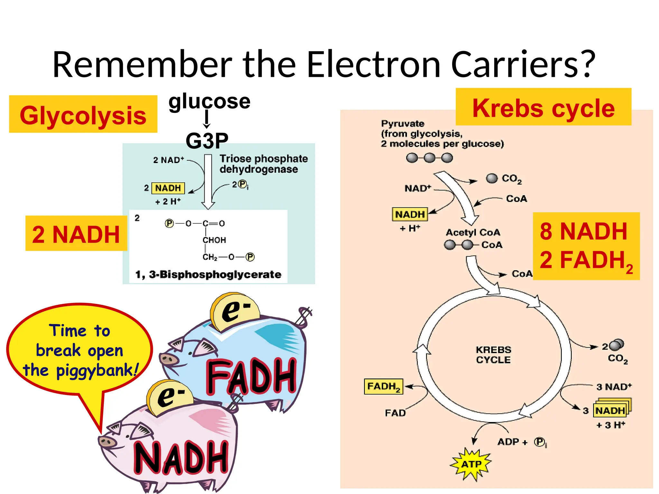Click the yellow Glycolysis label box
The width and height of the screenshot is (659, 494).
pos(83,114)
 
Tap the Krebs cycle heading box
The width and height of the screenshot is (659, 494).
pos(543,107)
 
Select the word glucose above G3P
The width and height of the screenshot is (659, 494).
pos(209,101)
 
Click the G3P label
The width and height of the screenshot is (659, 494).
pos(207,141)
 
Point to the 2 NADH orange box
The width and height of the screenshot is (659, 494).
pos(76,234)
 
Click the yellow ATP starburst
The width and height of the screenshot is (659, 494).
pos(471,464)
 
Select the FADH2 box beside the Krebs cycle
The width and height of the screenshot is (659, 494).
pos(383,386)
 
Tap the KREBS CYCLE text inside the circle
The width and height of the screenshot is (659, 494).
pos(493,355)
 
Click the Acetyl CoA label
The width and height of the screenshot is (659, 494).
pos(473,232)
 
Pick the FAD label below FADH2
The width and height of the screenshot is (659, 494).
pos(395,413)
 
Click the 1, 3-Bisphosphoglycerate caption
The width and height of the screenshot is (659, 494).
pos(208,274)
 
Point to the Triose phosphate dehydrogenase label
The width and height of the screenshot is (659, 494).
pos(263,164)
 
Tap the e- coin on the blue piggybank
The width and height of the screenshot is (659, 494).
pos(235,311)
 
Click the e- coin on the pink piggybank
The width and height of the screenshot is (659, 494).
pos(170,397)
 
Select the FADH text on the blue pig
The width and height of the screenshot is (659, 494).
pos(251,376)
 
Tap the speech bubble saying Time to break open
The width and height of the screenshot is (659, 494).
pos(79,350)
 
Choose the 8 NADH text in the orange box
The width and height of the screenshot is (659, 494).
pos(583,231)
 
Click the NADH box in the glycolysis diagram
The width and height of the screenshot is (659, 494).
pos(168,188)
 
